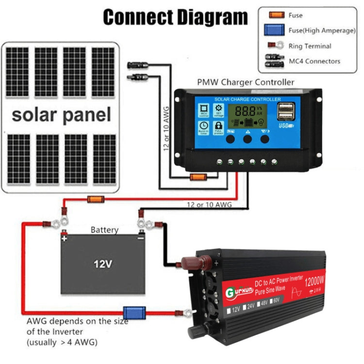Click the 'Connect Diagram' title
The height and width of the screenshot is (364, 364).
pos(175,17)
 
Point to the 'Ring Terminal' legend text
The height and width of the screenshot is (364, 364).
pos(310,46)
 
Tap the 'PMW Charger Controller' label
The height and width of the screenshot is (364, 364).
pos(245,82)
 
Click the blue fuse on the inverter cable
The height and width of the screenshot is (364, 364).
pos(134,312)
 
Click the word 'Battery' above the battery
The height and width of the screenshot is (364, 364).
pos(104,230)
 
